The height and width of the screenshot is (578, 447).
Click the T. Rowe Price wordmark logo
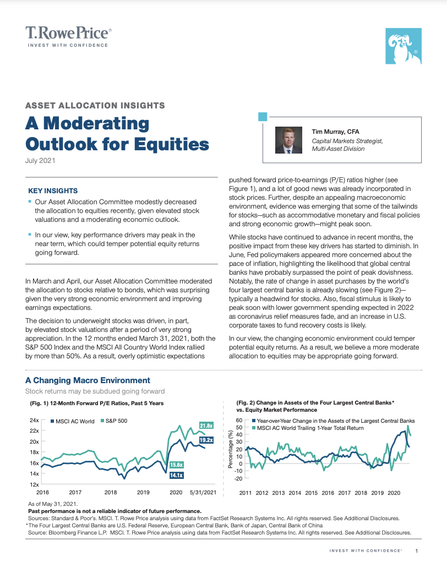click(x=68, y=33)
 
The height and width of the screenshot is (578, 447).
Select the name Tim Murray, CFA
click(x=336, y=132)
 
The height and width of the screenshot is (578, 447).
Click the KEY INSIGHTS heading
click(x=53, y=191)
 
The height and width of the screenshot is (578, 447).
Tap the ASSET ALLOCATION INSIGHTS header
click(x=95, y=105)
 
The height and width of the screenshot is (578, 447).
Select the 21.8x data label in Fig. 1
click(x=206, y=426)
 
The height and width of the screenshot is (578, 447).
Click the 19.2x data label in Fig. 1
click(x=206, y=440)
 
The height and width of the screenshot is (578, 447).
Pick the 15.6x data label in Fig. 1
click(x=176, y=465)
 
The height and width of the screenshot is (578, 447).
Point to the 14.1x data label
click(x=176, y=475)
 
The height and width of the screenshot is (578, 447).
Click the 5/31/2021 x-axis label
click(x=203, y=492)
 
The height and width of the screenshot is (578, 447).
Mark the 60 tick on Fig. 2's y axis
click(x=239, y=420)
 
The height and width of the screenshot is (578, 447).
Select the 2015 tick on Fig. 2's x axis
click(x=311, y=493)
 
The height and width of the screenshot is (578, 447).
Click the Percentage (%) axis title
click(x=230, y=450)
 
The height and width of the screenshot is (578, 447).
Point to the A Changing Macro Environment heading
click(x=88, y=380)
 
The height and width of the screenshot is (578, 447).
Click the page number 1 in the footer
click(x=417, y=551)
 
